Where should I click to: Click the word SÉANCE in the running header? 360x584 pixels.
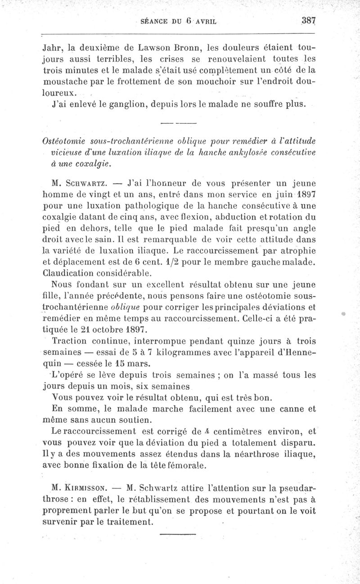point(154,21)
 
